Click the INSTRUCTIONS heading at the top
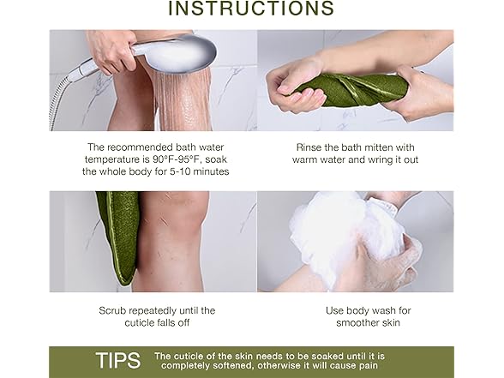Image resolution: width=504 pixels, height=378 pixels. click(x=250, y=9)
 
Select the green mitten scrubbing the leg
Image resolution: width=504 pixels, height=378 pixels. click(x=117, y=236)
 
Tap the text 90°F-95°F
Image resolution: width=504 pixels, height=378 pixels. click(x=194, y=159)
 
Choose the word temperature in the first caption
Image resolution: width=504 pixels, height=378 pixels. click(x=117, y=159)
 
